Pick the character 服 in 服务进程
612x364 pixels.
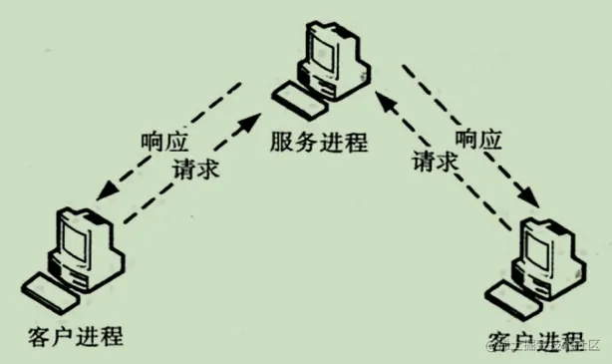(x=280, y=143)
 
